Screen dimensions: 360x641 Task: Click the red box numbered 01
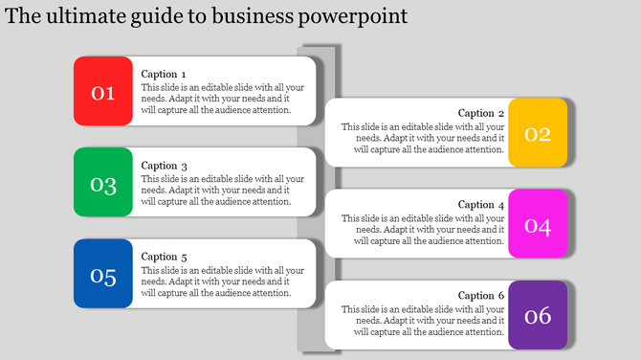coord(103,92)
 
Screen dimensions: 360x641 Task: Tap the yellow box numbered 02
coord(538,133)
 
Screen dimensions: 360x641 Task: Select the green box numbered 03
coord(103,183)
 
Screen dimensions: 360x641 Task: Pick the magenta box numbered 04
coord(538,225)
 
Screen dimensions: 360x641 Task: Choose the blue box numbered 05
coord(103,275)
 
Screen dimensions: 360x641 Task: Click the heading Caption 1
coord(164,74)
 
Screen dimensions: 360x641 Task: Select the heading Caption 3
coord(164,166)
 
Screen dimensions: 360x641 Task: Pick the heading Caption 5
coord(164,257)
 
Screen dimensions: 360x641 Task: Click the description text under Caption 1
coord(222,99)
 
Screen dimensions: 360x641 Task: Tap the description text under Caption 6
coord(423,321)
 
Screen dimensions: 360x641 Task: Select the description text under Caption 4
coord(423,230)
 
